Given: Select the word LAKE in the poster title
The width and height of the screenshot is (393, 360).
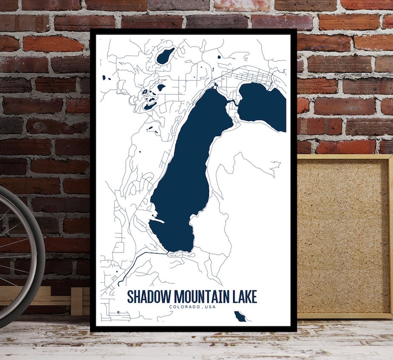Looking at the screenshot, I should (245, 297).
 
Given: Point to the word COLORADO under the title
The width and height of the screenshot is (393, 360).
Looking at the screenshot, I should (184, 307).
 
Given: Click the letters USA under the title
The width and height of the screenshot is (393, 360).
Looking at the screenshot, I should (210, 307).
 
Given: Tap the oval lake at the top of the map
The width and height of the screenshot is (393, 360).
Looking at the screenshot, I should (165, 56).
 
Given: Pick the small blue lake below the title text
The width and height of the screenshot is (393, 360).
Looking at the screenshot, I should (240, 316).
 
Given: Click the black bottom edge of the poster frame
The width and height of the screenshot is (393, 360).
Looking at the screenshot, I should (193, 328).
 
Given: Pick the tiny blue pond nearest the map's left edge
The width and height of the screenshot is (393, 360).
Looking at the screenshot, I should (104, 78).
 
